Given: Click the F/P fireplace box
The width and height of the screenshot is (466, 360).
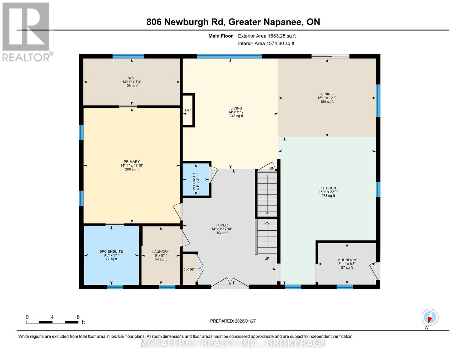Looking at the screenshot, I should coord(188,110).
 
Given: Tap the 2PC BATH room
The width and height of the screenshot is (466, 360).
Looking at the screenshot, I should coord(196,179).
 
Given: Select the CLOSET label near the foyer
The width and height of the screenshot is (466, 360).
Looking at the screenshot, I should coord(189,269).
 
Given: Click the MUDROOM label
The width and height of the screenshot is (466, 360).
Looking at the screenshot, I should coord(347,260).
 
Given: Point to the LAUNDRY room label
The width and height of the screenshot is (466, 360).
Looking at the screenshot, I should coord(161,252).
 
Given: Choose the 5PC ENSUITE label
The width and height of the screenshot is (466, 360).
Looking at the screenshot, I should coord(111,251).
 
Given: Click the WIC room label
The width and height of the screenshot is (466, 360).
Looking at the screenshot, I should coord(131,78).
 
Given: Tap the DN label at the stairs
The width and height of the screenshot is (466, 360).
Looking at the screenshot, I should coord(272,168).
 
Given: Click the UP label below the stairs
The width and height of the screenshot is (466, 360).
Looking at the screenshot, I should coord(267,259).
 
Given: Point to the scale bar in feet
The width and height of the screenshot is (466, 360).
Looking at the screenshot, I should coord(52,322).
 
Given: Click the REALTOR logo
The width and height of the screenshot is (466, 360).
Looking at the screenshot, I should coord(26,31).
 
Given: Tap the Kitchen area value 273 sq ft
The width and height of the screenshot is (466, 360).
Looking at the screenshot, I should coord(328,196).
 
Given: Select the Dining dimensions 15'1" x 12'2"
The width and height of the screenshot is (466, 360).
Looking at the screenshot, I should coord(327,98).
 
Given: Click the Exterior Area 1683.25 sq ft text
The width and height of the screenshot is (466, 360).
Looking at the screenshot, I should coord(267,36).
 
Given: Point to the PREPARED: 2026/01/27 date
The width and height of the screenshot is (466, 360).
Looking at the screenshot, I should coord(233,321).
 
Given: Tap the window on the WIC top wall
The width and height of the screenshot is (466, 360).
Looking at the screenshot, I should coord(128,56).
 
